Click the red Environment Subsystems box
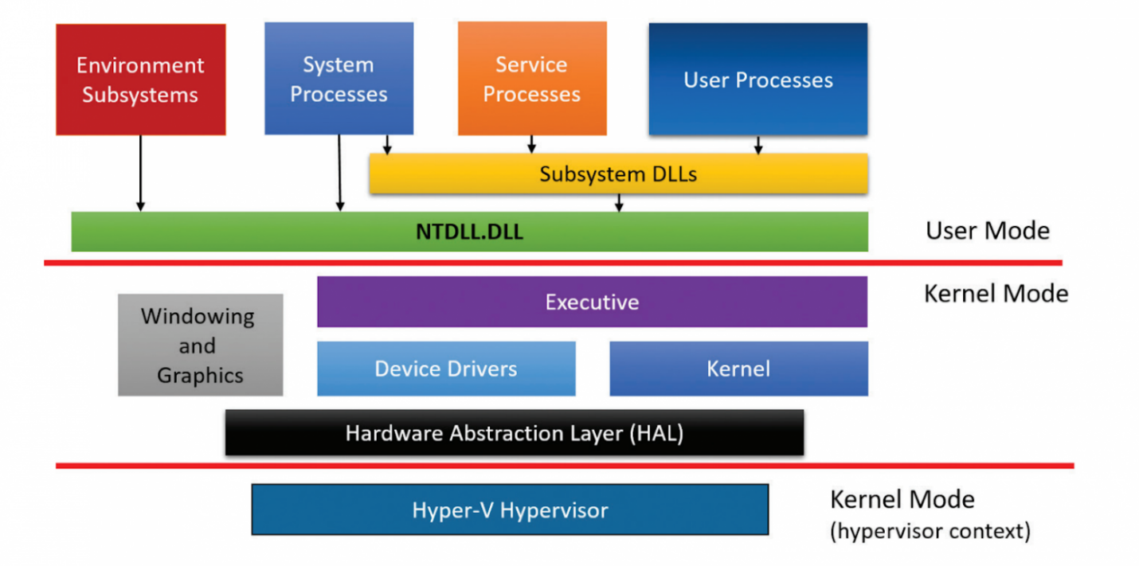[141, 80]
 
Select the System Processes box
[339, 78]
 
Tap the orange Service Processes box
[532, 78]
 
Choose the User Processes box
[758, 79]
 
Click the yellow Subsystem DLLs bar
[618, 174]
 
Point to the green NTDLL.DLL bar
[469, 232]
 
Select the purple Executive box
[592, 302]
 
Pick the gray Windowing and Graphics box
[201, 345]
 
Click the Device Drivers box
[446, 369]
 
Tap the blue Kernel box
[738, 369]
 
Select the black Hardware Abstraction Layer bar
[515, 433]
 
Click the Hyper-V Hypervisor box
[510, 509]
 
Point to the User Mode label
[988, 231]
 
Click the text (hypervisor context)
[930, 532]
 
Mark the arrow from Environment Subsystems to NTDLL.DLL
[141, 174]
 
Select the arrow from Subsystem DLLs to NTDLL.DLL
[619, 203]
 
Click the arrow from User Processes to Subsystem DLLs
[758, 145]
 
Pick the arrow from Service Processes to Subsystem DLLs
[531, 144]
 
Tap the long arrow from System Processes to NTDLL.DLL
[339, 174]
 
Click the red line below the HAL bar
[565, 466]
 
